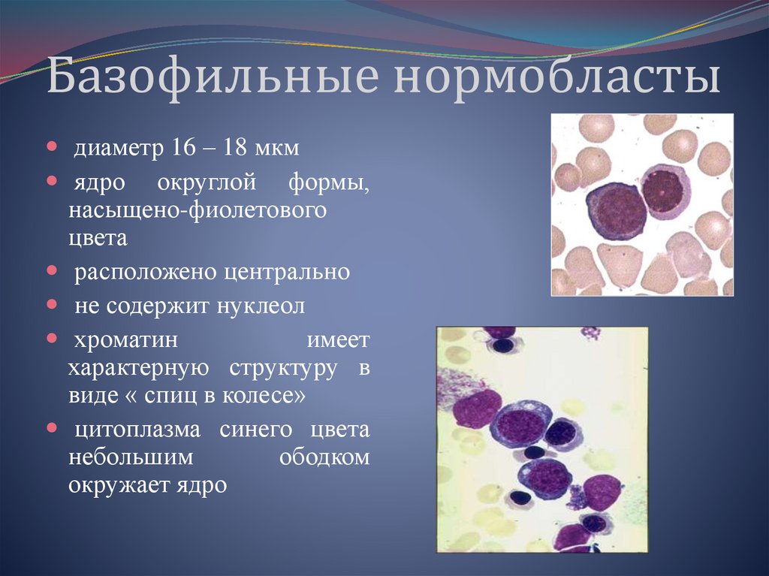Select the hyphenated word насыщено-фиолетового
pyautogui.click(x=198, y=211)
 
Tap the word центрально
pyautogui.click(x=286, y=272)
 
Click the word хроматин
pyautogui.click(x=125, y=342)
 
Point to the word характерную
pyautogui.click(x=137, y=369)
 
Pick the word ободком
pyautogui.click(x=324, y=457)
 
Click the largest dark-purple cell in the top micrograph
pyautogui.click(x=616, y=212)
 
